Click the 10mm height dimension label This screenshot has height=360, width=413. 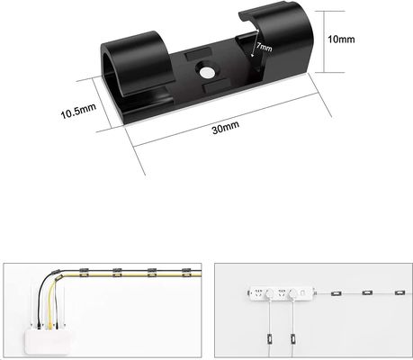[x=341, y=40]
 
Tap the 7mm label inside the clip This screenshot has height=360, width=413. [x=265, y=47]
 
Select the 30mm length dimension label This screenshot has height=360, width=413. [x=226, y=127]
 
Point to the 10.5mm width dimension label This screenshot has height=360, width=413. [x=78, y=111]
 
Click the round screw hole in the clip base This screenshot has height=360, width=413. [x=206, y=72]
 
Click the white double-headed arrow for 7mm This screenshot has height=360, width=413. [x=256, y=42]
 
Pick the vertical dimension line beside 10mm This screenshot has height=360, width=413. [x=325, y=41]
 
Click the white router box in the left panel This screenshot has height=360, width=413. [x=48, y=342]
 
